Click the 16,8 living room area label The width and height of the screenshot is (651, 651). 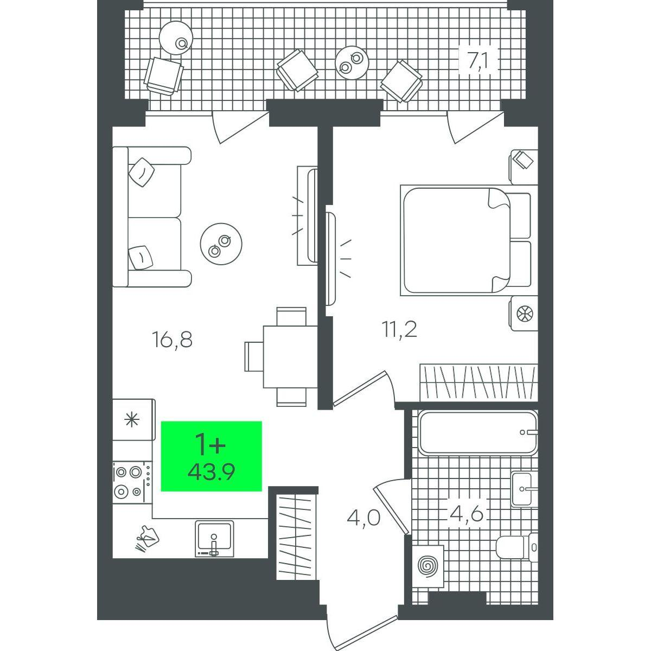pos(173,340)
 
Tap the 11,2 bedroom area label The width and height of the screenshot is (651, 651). pos(399,329)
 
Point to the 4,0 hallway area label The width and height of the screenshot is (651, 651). pos(363,518)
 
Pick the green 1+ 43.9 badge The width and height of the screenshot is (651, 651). pos(211,456)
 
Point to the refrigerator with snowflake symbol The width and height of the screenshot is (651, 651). pos(134,419)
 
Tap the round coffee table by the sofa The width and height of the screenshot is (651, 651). pos(221,244)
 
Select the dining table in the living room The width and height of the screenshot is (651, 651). pos(290,356)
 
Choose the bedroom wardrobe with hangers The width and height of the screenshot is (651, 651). pos(478,382)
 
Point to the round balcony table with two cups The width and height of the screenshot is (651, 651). pos(352,63)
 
